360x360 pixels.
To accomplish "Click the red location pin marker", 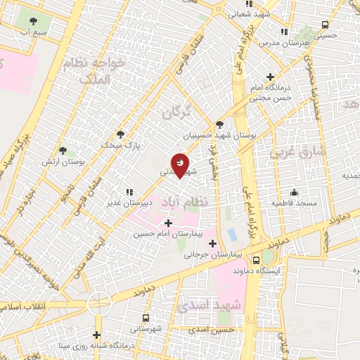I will (x=180, y=164).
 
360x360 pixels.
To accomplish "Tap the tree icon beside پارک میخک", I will (x=120, y=134).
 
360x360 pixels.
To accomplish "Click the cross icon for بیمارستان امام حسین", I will (x=167, y=223).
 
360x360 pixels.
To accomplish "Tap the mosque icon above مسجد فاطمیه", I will (x=295, y=192).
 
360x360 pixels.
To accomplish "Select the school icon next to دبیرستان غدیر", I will (x=129, y=191).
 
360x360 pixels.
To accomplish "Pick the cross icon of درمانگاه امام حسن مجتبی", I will (x=271, y=77).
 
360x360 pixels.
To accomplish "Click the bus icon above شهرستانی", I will (x=146, y=317).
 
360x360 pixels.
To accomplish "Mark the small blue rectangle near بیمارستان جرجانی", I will (x=232, y=233).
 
